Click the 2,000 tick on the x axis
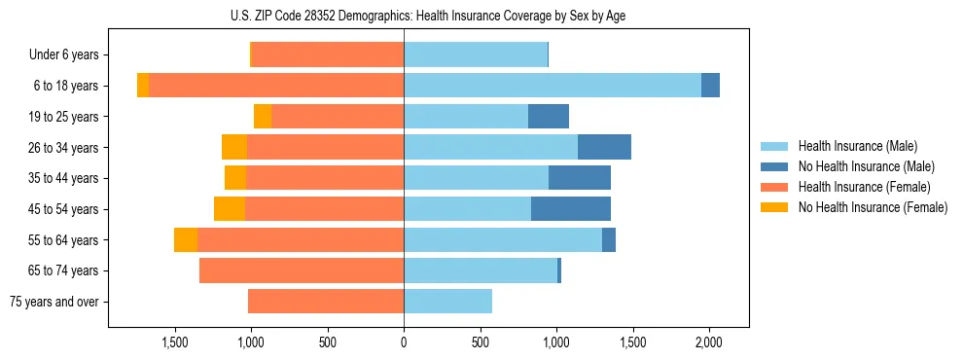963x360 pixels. pos(709,342)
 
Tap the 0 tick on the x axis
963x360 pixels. pos(404,342)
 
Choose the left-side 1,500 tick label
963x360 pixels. pos(175,342)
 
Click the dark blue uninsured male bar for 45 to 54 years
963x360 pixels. pos(571,209)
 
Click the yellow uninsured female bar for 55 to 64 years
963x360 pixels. pos(186,240)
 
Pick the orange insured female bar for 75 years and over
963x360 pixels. pos(326,302)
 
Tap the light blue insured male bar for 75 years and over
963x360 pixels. pos(447,302)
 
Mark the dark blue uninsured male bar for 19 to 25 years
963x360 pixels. pos(549,117)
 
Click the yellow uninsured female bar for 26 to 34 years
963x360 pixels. pos(234,148)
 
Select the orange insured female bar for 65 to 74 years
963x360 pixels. pos(302,270)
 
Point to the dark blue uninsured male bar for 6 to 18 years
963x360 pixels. pos(710,86)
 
